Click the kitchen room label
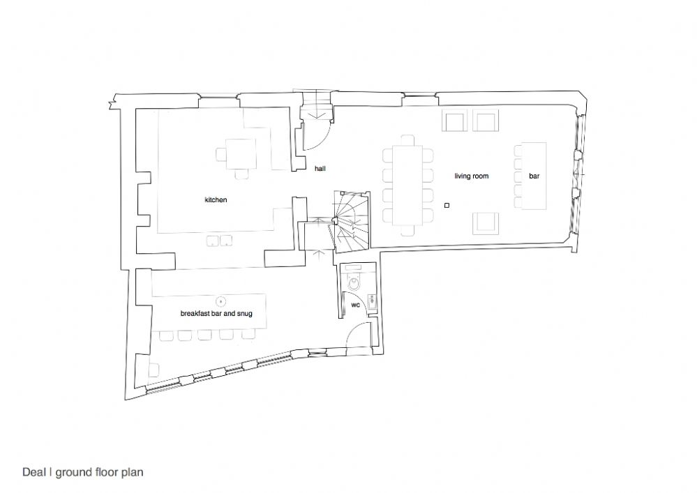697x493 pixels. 216,200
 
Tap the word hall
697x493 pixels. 320,168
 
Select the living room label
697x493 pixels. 471,176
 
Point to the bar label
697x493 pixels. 534,176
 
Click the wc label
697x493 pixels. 356,305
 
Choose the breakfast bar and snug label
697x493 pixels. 216,313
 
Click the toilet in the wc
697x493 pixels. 354,281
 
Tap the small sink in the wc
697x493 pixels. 372,301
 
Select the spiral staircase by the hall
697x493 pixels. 352,222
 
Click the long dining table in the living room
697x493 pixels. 408,185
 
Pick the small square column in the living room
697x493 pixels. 447,205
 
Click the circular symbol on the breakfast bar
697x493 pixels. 220,302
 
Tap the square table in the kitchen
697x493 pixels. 241,154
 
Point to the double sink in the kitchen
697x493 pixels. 219,241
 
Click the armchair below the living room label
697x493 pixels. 486,223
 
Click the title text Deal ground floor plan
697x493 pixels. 83,472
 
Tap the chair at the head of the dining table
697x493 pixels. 407,140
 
